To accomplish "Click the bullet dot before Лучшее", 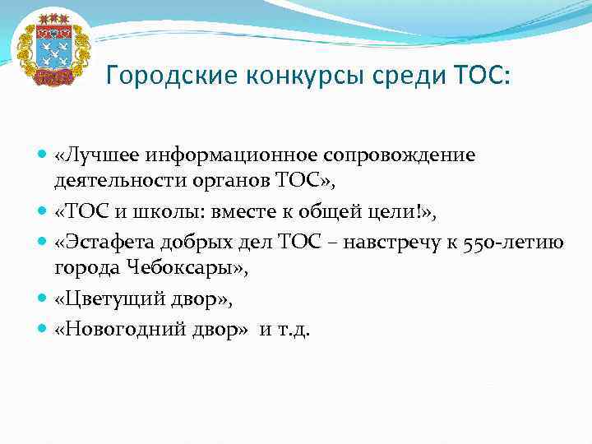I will pos(44,155).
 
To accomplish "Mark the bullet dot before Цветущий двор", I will pos(44,301).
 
